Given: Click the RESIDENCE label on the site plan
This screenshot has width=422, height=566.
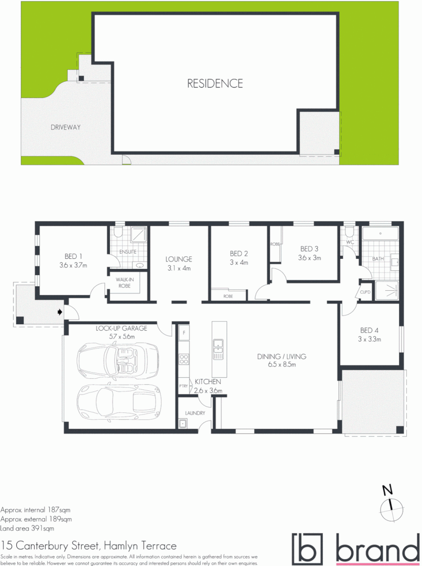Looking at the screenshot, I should tap(215, 83).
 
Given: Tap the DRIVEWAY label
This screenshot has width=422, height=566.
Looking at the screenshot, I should tap(66, 127).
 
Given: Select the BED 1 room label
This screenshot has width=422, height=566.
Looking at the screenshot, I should tap(73, 256).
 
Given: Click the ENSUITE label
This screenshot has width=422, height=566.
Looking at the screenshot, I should tap(128, 252).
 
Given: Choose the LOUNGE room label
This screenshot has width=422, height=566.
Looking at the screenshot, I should tap(179, 259).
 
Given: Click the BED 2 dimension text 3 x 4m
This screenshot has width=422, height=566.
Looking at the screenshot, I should tap(239, 263).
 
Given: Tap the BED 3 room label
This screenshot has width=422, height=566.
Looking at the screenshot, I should tap(309, 249).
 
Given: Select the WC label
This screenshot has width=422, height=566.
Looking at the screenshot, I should tap(350, 243).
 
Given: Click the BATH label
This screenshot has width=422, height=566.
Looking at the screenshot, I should tap(378, 259).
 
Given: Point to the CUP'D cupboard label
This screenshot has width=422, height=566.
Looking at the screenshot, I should tap(365, 292).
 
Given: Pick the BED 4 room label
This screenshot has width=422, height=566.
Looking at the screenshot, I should tap(369, 330).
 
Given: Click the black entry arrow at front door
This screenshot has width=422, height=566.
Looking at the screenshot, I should tap(60, 312).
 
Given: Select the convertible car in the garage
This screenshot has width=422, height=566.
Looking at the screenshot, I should tap(117, 361).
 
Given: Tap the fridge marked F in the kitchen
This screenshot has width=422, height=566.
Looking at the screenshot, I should tap(184, 332).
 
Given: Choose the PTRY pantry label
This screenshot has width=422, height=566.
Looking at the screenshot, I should tap(183, 386).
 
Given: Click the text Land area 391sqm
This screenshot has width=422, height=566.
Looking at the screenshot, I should tap(27, 528).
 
